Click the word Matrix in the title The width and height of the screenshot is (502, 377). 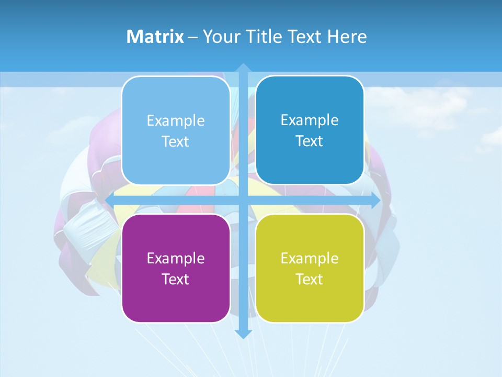155,37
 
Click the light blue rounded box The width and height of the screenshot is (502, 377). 176,130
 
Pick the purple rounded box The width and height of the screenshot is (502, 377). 176,268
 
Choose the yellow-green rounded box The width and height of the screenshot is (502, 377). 310,268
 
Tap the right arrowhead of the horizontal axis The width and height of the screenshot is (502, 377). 375,201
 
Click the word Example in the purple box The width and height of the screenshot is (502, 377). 176,258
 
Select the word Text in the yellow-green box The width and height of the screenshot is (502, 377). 310,279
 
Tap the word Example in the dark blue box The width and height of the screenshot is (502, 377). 310,120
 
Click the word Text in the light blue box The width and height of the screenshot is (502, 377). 176,141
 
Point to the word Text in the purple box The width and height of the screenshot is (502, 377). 176,279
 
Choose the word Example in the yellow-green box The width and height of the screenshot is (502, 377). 310,258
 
